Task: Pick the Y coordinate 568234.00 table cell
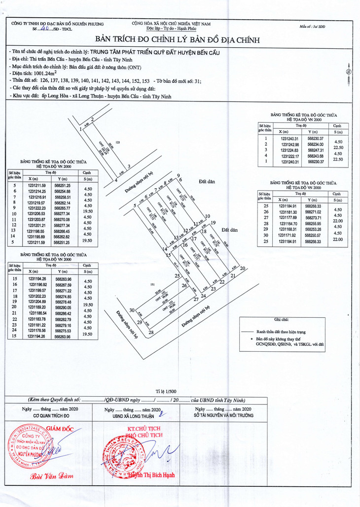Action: pyautogui.click(x=316, y=144)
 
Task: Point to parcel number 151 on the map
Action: pyautogui.click(x=152, y=284)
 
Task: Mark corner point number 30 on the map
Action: pyautogui.click(x=132, y=310)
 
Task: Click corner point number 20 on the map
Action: pyautogui.click(x=242, y=269)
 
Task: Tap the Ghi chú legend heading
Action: pyautogui.click(x=282, y=320)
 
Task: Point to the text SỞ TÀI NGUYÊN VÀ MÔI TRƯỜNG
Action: pyautogui.click(x=224, y=415)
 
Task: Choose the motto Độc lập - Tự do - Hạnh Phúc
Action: pyautogui.click(x=171, y=29)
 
